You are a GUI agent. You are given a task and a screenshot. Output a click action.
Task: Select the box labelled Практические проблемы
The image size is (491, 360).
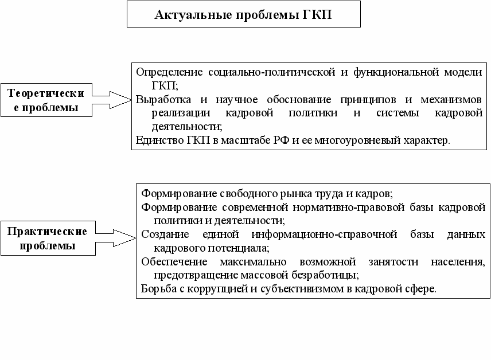47,238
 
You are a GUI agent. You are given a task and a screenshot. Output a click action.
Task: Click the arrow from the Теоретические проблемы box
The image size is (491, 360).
112,100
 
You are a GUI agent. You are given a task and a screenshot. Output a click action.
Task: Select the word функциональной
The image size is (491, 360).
398,72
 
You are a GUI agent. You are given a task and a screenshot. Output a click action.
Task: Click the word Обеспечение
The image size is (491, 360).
170,261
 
